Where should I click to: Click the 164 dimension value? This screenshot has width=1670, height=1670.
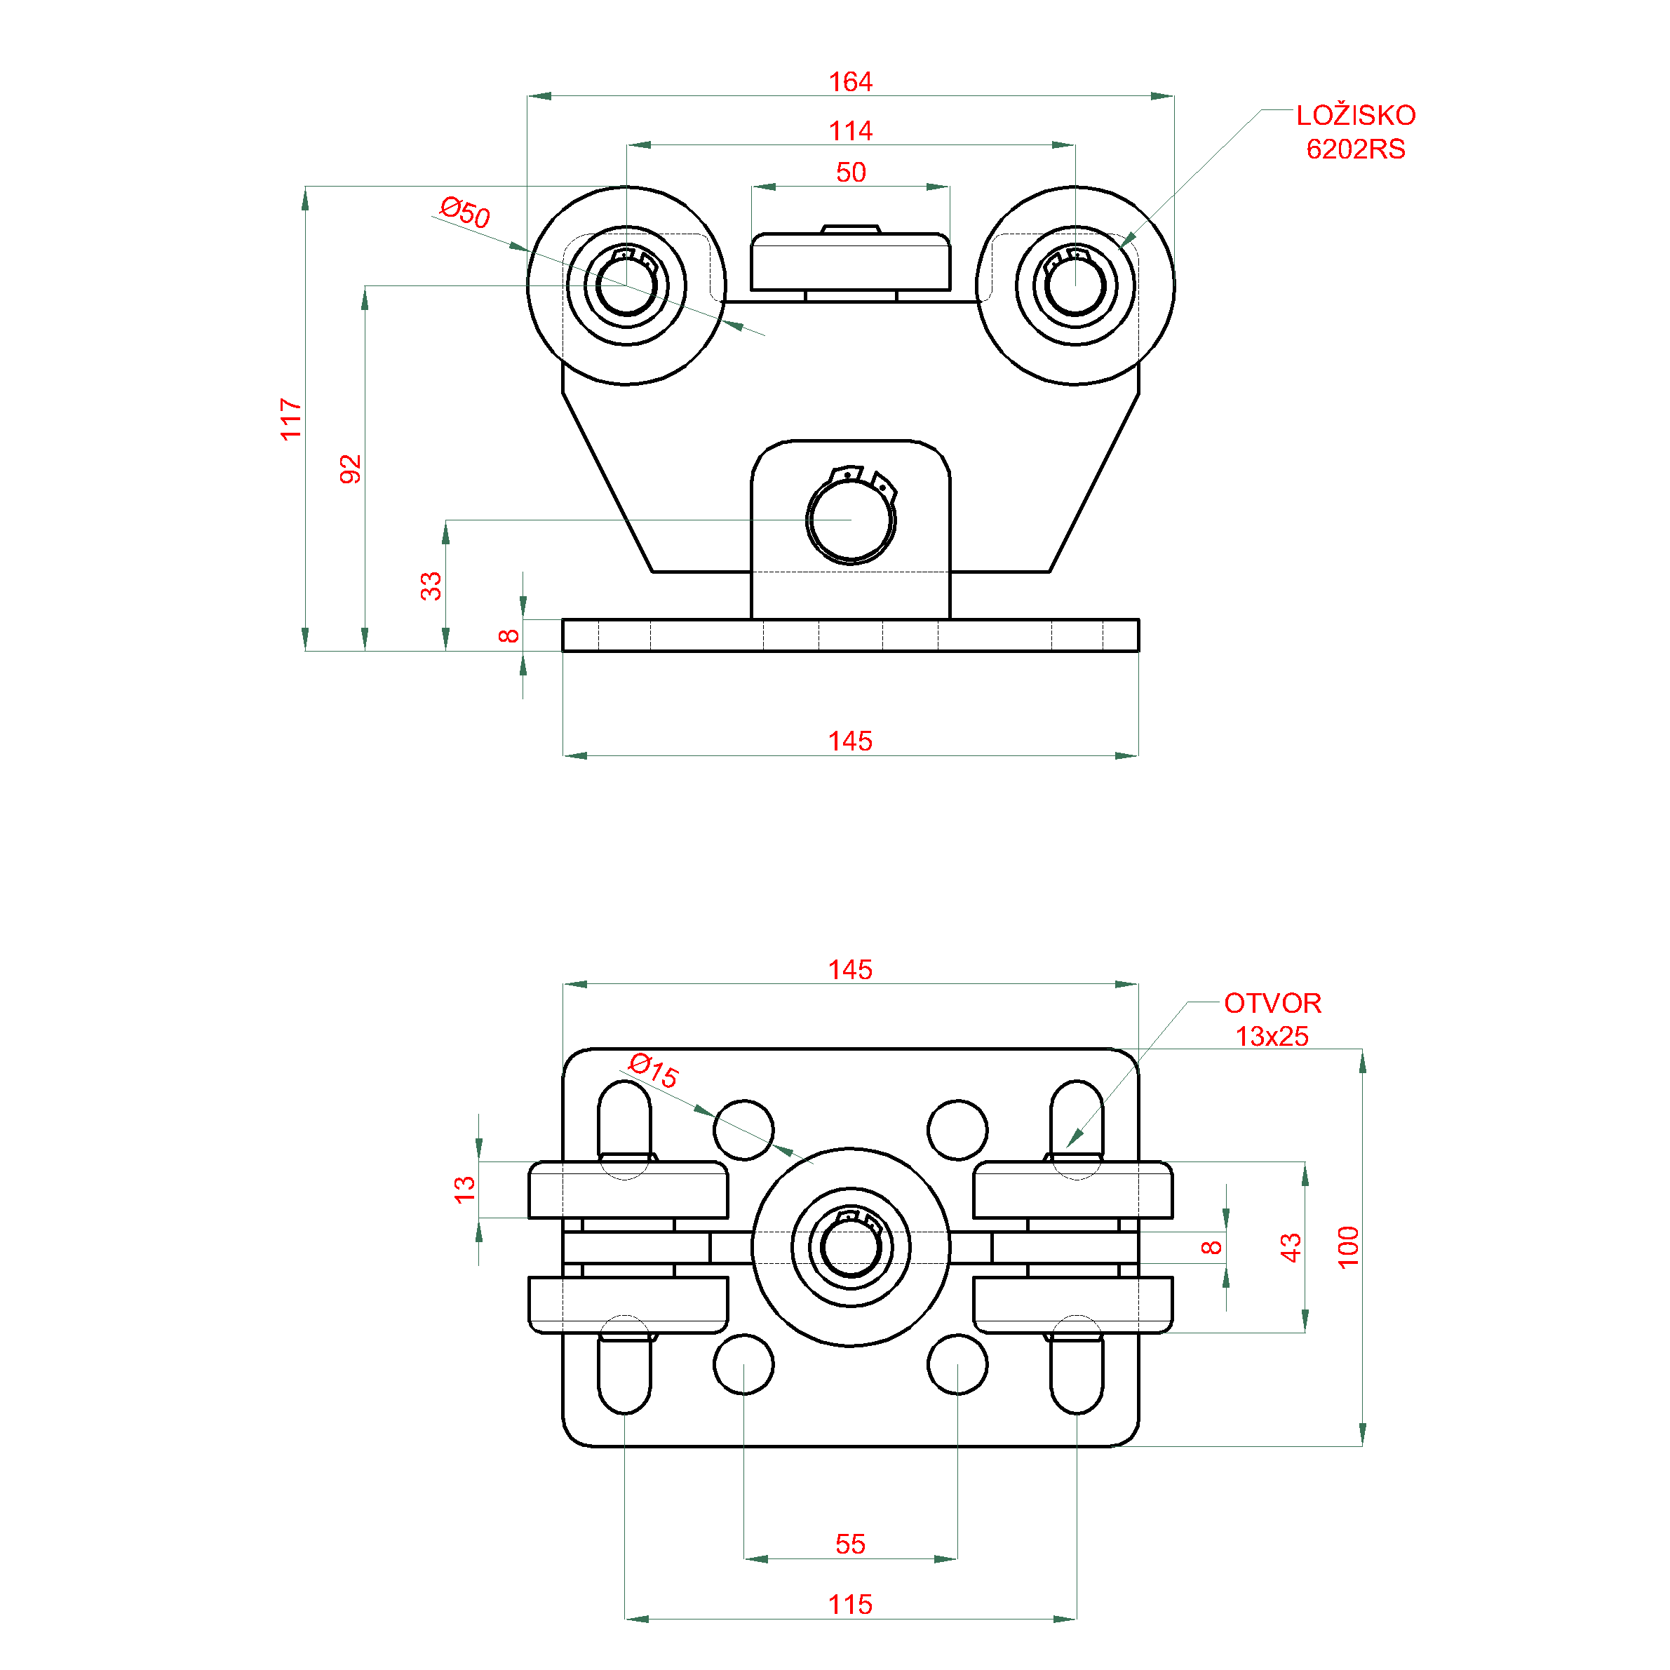coord(851,82)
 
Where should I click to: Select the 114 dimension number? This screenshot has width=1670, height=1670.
coord(851,131)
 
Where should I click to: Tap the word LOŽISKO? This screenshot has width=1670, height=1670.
coord(1355,114)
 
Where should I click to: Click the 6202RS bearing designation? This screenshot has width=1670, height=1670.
coord(1355,149)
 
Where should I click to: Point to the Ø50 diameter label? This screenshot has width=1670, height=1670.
coord(465,212)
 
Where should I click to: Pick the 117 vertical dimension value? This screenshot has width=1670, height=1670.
coord(291,419)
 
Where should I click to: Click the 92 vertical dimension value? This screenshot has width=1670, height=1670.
coord(350,469)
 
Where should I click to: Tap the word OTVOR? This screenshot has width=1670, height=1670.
coord(1272,1003)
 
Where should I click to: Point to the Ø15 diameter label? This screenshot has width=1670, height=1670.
coord(654,1070)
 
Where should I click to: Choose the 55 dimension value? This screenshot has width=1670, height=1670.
coord(851,1544)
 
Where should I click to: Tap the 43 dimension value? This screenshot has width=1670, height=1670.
coord(1291,1247)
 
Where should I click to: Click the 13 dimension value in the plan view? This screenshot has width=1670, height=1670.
coord(464,1190)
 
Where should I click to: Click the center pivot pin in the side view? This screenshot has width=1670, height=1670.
coord(851,520)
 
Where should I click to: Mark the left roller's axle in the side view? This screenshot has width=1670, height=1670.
coord(626,285)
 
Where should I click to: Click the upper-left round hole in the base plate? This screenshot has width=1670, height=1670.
coord(743,1129)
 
